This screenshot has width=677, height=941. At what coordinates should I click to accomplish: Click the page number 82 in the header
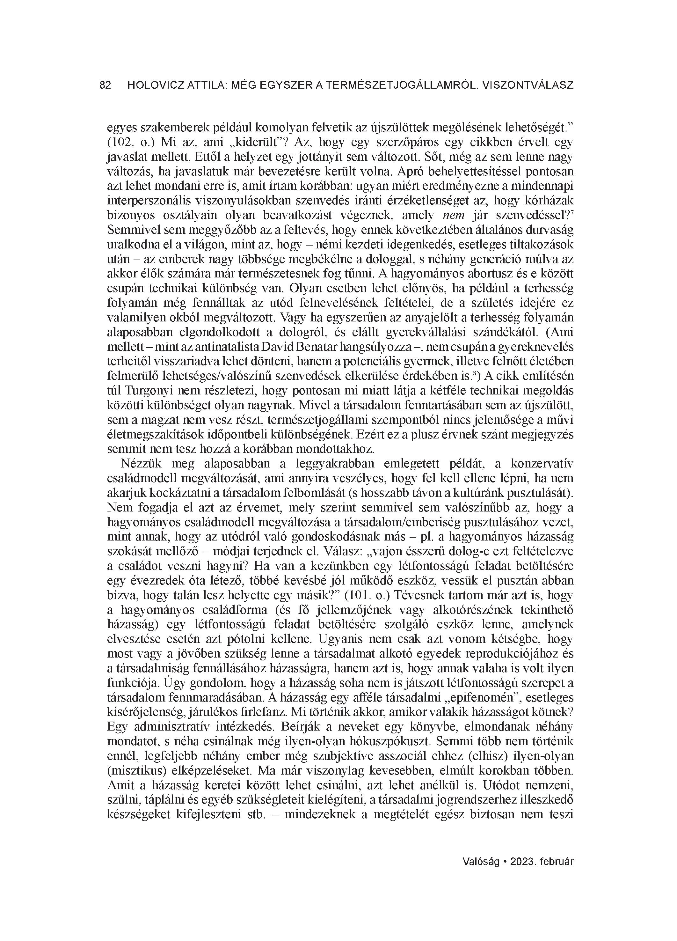106,85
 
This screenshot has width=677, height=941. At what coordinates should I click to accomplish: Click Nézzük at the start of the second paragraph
139,463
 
